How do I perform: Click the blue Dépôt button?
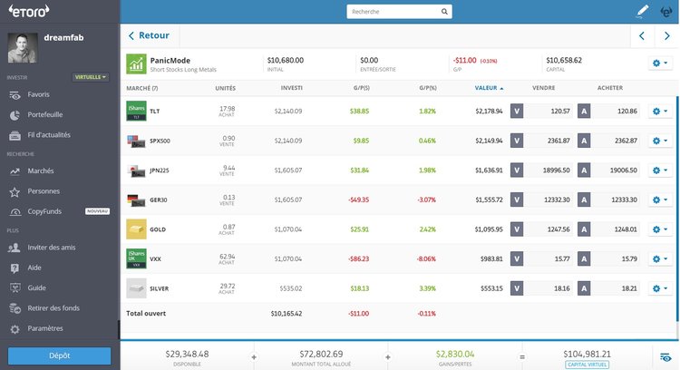tap(60, 355)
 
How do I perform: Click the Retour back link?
tap(149, 35)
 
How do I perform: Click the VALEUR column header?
tap(488, 88)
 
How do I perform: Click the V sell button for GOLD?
tap(517, 229)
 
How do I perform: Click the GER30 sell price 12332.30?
tap(551, 200)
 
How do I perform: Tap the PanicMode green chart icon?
tap(136, 63)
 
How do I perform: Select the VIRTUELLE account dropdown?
tap(90, 77)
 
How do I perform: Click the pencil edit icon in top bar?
tap(643, 12)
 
